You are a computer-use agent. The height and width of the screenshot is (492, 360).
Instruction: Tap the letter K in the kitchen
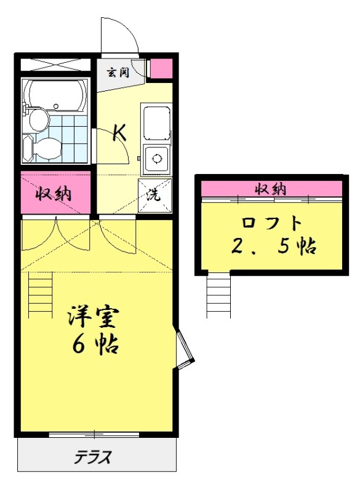pos(119,132)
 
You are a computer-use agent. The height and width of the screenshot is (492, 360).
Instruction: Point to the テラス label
pos(93,457)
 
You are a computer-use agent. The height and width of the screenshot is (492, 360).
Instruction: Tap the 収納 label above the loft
pos(271,189)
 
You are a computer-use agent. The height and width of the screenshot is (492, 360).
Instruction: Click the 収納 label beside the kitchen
pos(55,194)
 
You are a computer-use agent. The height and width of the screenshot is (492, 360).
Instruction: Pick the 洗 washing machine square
pos(154,196)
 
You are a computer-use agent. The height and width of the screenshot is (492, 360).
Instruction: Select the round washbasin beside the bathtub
pos(38,119)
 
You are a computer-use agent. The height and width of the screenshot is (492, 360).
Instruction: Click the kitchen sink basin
pos(156,122)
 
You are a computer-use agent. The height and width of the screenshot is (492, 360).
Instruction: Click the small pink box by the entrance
pos(161,68)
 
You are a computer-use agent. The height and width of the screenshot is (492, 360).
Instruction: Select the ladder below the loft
pos(218,296)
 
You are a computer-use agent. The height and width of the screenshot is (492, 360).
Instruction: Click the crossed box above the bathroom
pos(55,64)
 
